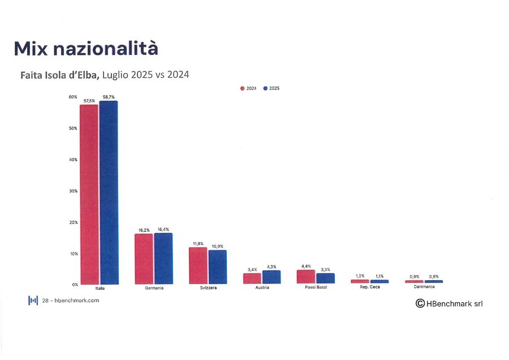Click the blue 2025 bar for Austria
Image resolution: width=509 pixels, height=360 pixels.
[x=271, y=277]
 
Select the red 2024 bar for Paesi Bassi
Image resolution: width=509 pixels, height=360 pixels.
[x=306, y=276]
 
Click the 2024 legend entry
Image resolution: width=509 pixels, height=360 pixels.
[x=249, y=88]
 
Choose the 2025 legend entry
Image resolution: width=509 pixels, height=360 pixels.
[x=271, y=88]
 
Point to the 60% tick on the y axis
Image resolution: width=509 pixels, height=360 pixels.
[x=73, y=97]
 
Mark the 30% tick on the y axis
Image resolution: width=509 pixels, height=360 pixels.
[x=73, y=191]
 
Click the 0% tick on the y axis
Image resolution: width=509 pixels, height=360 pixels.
[x=74, y=284]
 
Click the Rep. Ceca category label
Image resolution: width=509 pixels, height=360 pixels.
[x=370, y=288]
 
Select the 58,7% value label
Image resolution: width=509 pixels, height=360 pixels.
[x=109, y=97]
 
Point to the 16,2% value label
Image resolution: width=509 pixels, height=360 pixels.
[x=144, y=230]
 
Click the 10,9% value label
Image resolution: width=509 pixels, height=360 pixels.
[x=217, y=246]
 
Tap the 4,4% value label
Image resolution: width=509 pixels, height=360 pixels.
[x=307, y=265]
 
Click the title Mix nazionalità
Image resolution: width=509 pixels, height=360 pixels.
[x=86, y=49]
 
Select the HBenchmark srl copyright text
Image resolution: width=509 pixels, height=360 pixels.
[x=449, y=304]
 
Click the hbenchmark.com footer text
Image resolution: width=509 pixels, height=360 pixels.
[x=70, y=300]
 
